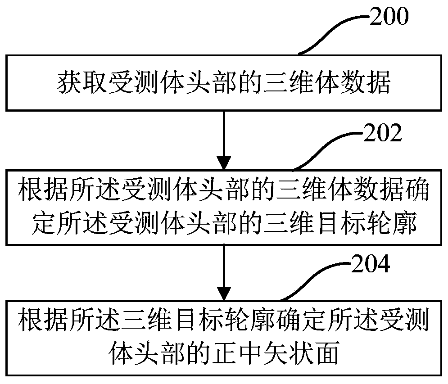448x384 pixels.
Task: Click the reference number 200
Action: point(389,17)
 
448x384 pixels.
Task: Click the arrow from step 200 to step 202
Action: point(224,140)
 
